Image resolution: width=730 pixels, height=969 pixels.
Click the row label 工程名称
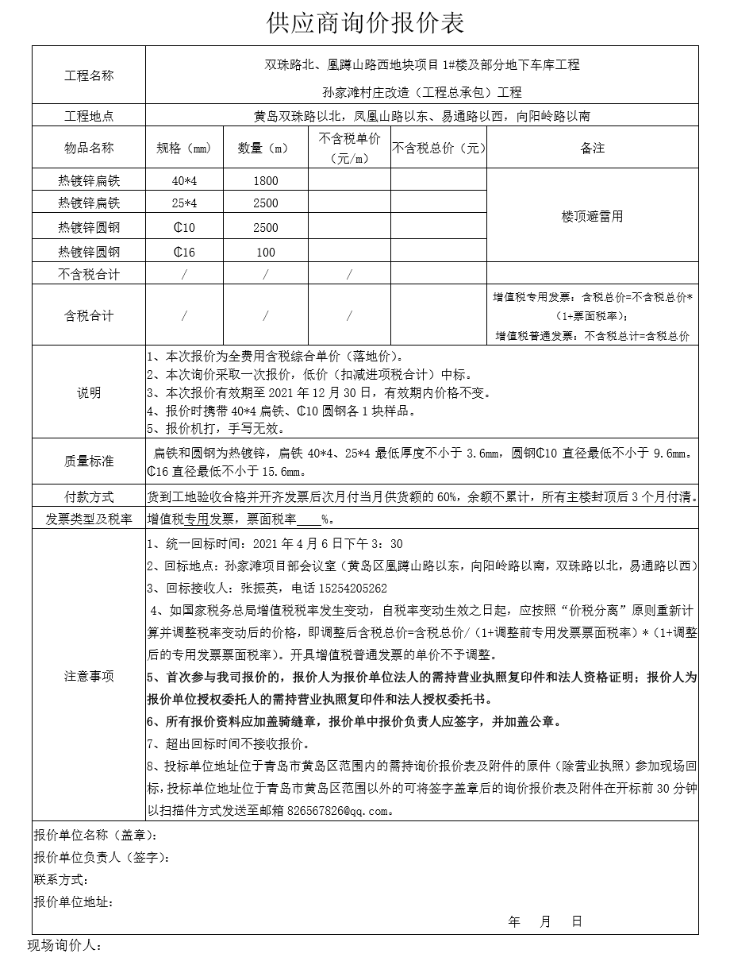(x=89, y=76)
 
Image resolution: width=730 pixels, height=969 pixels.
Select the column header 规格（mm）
(x=184, y=148)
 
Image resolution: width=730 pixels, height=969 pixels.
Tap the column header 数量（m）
(x=266, y=148)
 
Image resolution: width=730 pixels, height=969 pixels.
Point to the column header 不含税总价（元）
(x=438, y=148)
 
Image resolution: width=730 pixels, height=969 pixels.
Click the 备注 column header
(x=592, y=148)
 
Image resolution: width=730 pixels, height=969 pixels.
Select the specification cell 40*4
(x=184, y=180)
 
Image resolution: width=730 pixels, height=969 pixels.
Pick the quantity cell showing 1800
(x=266, y=180)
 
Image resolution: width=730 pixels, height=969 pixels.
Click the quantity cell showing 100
(x=266, y=253)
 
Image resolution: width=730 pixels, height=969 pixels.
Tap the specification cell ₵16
(x=184, y=253)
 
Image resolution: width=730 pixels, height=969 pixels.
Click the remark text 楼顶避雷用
(x=592, y=216)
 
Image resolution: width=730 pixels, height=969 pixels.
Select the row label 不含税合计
(x=89, y=274)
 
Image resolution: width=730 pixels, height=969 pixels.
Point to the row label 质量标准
(x=89, y=461)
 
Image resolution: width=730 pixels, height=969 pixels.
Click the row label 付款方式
(x=89, y=497)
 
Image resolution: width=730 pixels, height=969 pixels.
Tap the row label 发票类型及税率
(x=89, y=519)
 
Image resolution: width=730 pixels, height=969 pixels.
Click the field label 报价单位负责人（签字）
(x=102, y=858)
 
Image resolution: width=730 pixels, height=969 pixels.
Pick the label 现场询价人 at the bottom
(x=65, y=946)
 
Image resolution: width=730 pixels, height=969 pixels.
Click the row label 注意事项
(x=89, y=677)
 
